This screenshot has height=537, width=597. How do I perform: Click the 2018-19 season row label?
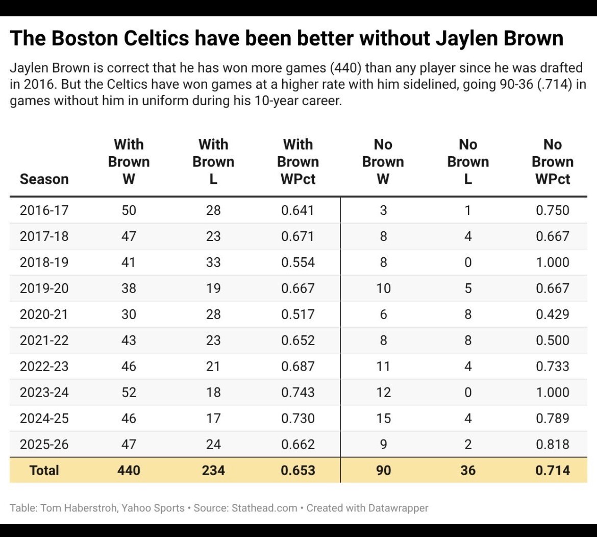tap(44, 262)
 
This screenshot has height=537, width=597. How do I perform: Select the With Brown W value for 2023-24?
tap(129, 392)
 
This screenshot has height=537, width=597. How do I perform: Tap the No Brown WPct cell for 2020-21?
tap(553, 314)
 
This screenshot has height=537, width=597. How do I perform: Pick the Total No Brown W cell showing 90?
tap(383, 470)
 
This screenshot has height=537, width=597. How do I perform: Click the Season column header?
tap(44, 179)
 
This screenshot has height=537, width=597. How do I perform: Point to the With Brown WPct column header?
tap(298, 162)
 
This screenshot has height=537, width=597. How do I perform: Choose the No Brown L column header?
tap(468, 162)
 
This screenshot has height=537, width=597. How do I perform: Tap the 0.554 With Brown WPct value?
tap(298, 262)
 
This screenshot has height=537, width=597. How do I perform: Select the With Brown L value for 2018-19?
tap(213, 262)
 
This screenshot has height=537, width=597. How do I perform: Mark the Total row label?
tap(44, 470)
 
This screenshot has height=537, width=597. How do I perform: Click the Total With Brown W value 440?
tap(129, 470)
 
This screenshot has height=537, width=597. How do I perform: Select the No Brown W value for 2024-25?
tap(383, 418)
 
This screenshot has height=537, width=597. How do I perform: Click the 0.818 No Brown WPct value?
tap(553, 445)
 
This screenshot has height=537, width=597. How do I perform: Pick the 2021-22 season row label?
tap(44, 340)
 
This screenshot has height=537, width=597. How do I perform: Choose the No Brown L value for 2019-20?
tap(468, 288)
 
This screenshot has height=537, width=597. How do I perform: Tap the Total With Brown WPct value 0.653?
tap(298, 470)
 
